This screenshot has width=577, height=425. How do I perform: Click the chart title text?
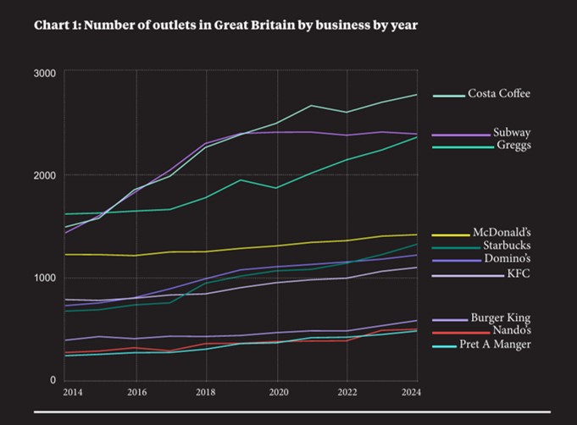(225, 25)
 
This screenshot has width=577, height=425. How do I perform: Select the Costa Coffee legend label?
(499, 94)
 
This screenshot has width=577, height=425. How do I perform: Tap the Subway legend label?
(512, 133)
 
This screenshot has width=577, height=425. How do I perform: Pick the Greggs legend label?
(513, 146)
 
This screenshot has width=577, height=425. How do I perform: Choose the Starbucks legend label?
(507, 246)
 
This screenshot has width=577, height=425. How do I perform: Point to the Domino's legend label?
(508, 258)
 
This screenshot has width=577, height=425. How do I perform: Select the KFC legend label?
(518, 274)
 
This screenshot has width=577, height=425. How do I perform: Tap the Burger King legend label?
(501, 318)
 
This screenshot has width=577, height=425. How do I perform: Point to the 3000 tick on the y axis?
(45, 74)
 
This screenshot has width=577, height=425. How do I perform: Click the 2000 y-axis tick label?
(45, 175)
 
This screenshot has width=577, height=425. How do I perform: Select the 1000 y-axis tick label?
(45, 278)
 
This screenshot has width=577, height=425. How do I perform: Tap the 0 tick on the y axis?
(53, 380)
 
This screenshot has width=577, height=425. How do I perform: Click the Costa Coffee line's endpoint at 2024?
(417, 95)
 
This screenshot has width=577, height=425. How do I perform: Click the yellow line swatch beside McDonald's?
(450, 235)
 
